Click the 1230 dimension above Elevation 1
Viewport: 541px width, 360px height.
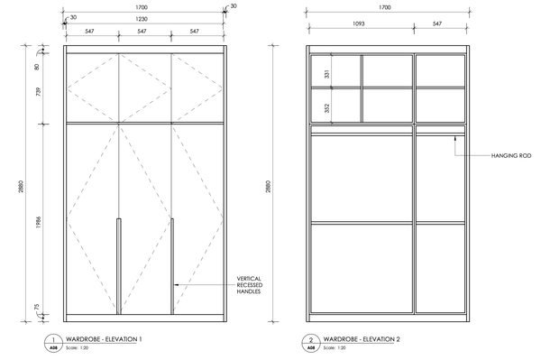pos(142,19)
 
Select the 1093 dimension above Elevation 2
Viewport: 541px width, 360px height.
pos(359,23)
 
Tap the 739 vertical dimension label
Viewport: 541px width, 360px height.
pos(38,91)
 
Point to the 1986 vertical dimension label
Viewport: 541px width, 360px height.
pos(38,222)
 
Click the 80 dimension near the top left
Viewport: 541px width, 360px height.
pos(37,67)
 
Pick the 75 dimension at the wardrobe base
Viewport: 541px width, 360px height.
pos(37,307)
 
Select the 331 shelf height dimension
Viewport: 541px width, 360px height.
pos(327,74)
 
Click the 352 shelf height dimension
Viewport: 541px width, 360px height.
pos(327,108)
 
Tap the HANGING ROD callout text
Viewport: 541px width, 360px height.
pos(511,156)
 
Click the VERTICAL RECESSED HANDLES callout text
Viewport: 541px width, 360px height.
pos(250,285)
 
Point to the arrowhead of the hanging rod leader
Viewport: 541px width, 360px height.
pos(455,138)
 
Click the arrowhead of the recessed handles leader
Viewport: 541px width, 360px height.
pos(176,285)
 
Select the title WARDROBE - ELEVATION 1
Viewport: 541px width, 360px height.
pos(104,339)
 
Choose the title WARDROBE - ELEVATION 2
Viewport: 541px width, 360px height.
pos(362,339)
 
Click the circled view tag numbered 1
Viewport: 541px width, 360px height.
pos(53,343)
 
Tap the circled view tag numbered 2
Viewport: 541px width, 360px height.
pos(311,343)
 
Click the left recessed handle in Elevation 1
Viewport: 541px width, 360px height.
pos(119,266)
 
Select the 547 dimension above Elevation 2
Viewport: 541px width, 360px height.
pos(437,23)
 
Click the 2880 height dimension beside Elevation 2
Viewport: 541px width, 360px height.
pos(269,187)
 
